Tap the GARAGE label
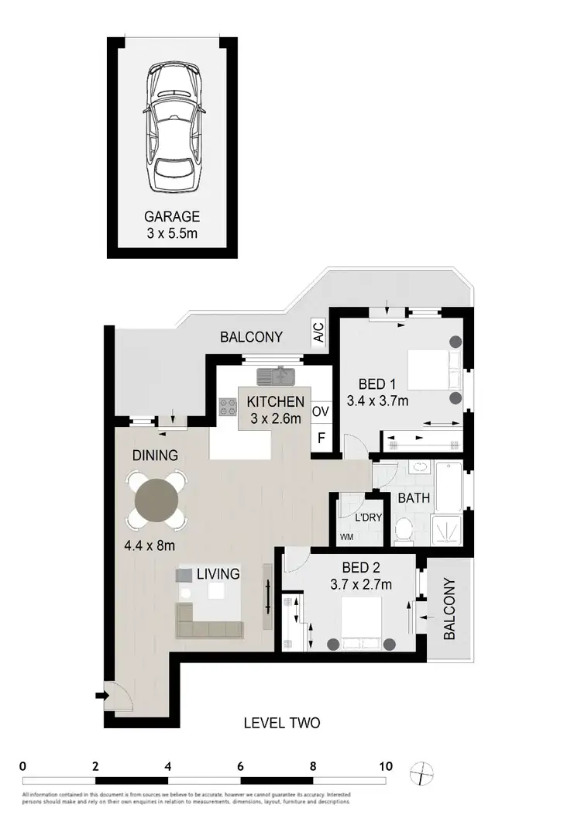pyautogui.click(x=173, y=217)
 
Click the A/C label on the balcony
pyautogui.click(x=318, y=332)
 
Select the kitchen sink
pyautogui.click(x=277, y=376)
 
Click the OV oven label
pyautogui.click(x=321, y=411)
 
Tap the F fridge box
pyautogui.click(x=321, y=438)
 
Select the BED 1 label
pyautogui.click(x=377, y=383)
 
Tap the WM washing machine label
pyautogui.click(x=346, y=537)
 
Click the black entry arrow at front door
pyautogui.click(x=99, y=696)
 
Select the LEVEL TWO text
pyautogui.click(x=281, y=724)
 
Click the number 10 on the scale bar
pyautogui.click(x=384, y=766)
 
